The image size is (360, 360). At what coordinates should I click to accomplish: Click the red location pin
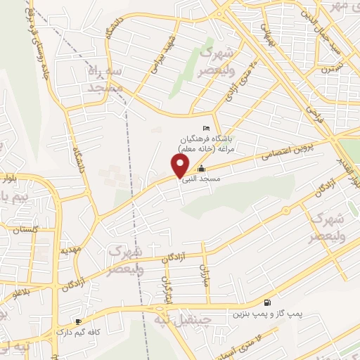pyautogui.click(x=181, y=166)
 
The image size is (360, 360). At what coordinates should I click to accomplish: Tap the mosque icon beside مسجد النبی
pyautogui.click(x=202, y=169)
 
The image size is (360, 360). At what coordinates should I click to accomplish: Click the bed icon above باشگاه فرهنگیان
pyautogui.click(x=205, y=128)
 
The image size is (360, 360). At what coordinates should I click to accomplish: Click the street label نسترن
pyautogui.click(x=327, y=70)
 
